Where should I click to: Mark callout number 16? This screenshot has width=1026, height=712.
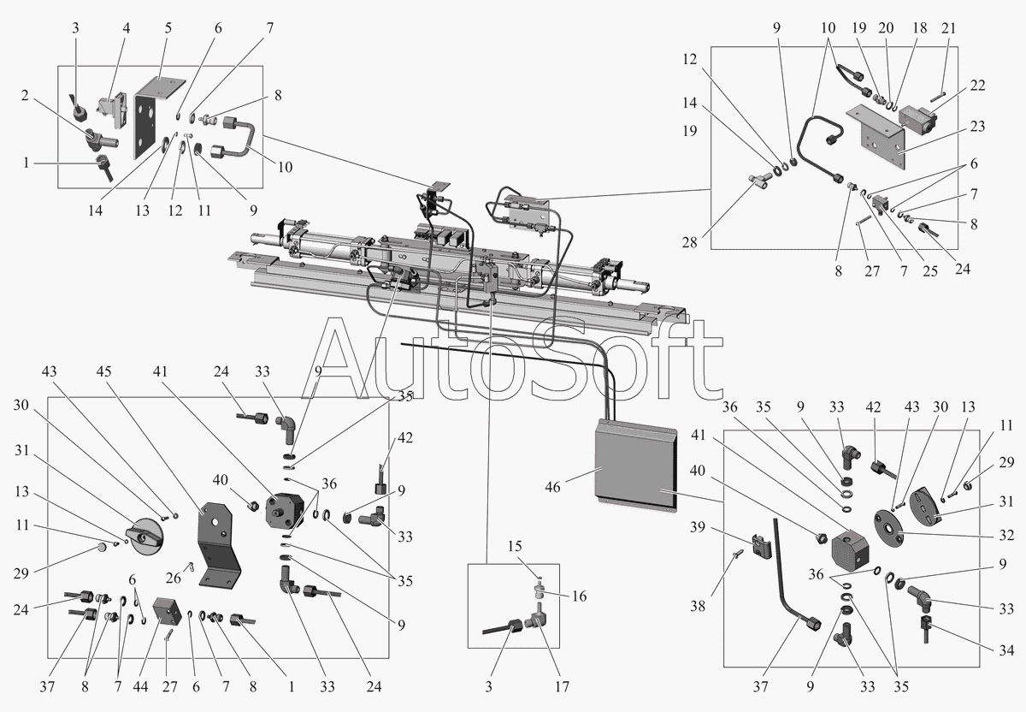click(579, 596)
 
